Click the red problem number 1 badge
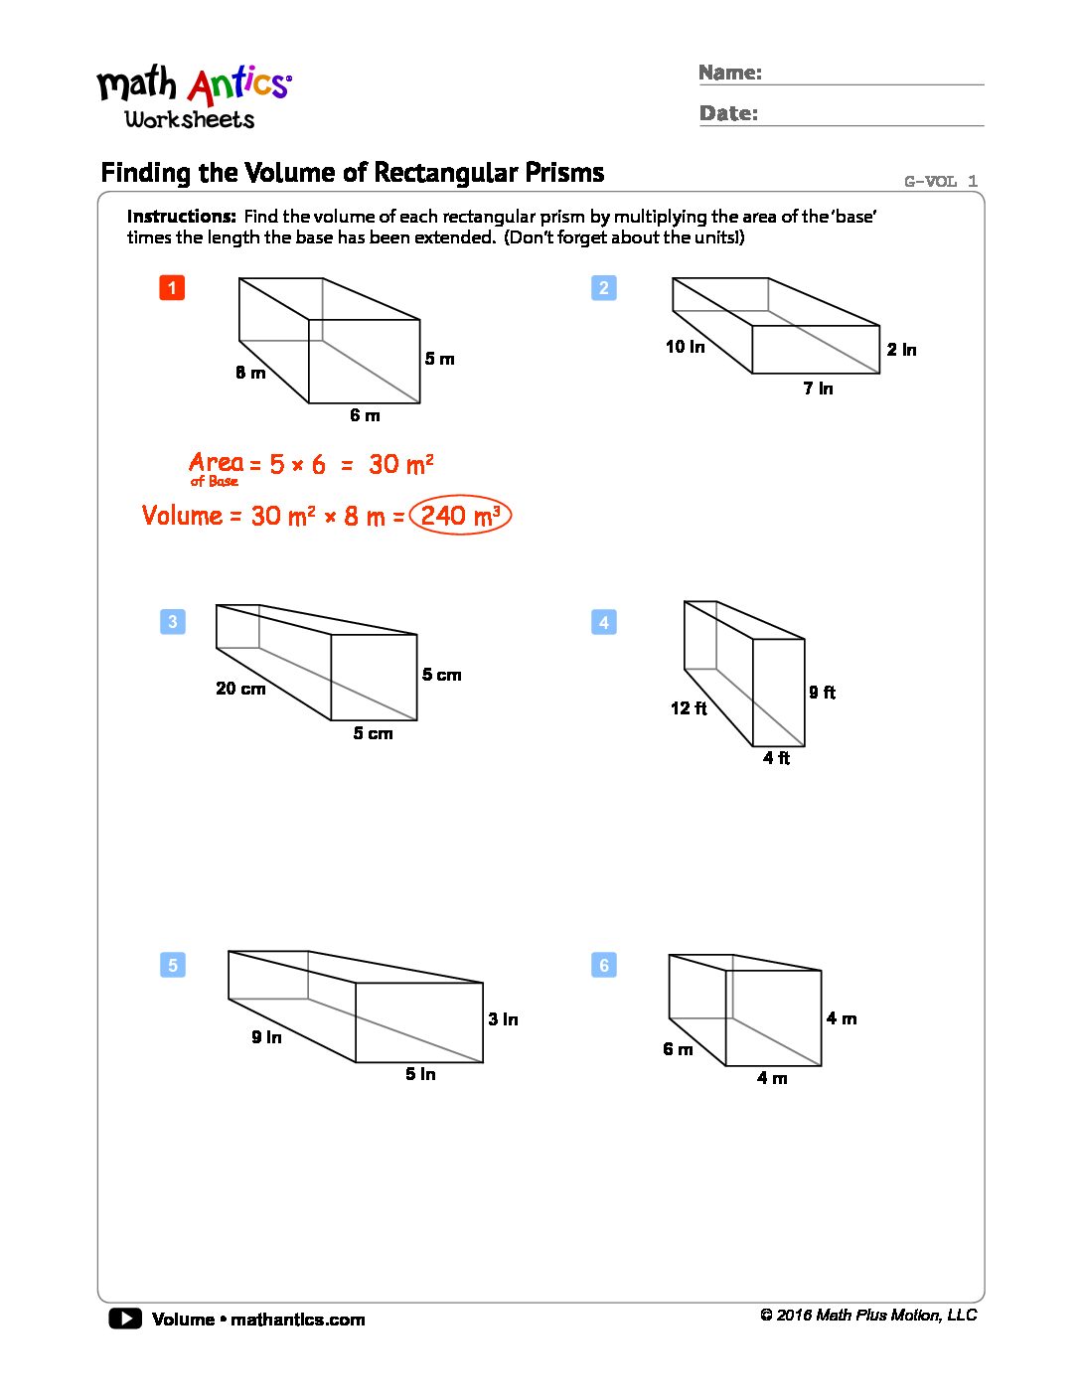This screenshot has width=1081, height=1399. point(172,288)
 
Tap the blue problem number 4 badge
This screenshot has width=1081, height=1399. point(604,623)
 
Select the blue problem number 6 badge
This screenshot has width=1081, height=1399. point(604,965)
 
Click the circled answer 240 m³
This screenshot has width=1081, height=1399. point(460,516)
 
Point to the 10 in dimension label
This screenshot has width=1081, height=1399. point(685,347)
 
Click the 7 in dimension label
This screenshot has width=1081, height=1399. point(818,389)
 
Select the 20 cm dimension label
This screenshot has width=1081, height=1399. point(240,689)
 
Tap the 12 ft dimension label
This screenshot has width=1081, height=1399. point(689,708)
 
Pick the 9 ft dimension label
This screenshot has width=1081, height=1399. point(822,693)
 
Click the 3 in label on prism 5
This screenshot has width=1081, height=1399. point(503,1019)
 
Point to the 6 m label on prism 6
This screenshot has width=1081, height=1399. point(678,1049)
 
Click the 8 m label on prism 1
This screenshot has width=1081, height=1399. point(250,373)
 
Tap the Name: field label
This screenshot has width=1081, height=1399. point(730,73)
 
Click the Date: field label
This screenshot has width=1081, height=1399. point(728,113)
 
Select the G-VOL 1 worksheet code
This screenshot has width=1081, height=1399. point(940,181)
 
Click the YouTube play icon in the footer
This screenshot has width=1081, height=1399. point(125,1319)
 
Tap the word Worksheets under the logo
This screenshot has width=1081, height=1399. point(190,119)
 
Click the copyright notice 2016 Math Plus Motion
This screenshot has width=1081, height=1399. point(868,1316)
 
